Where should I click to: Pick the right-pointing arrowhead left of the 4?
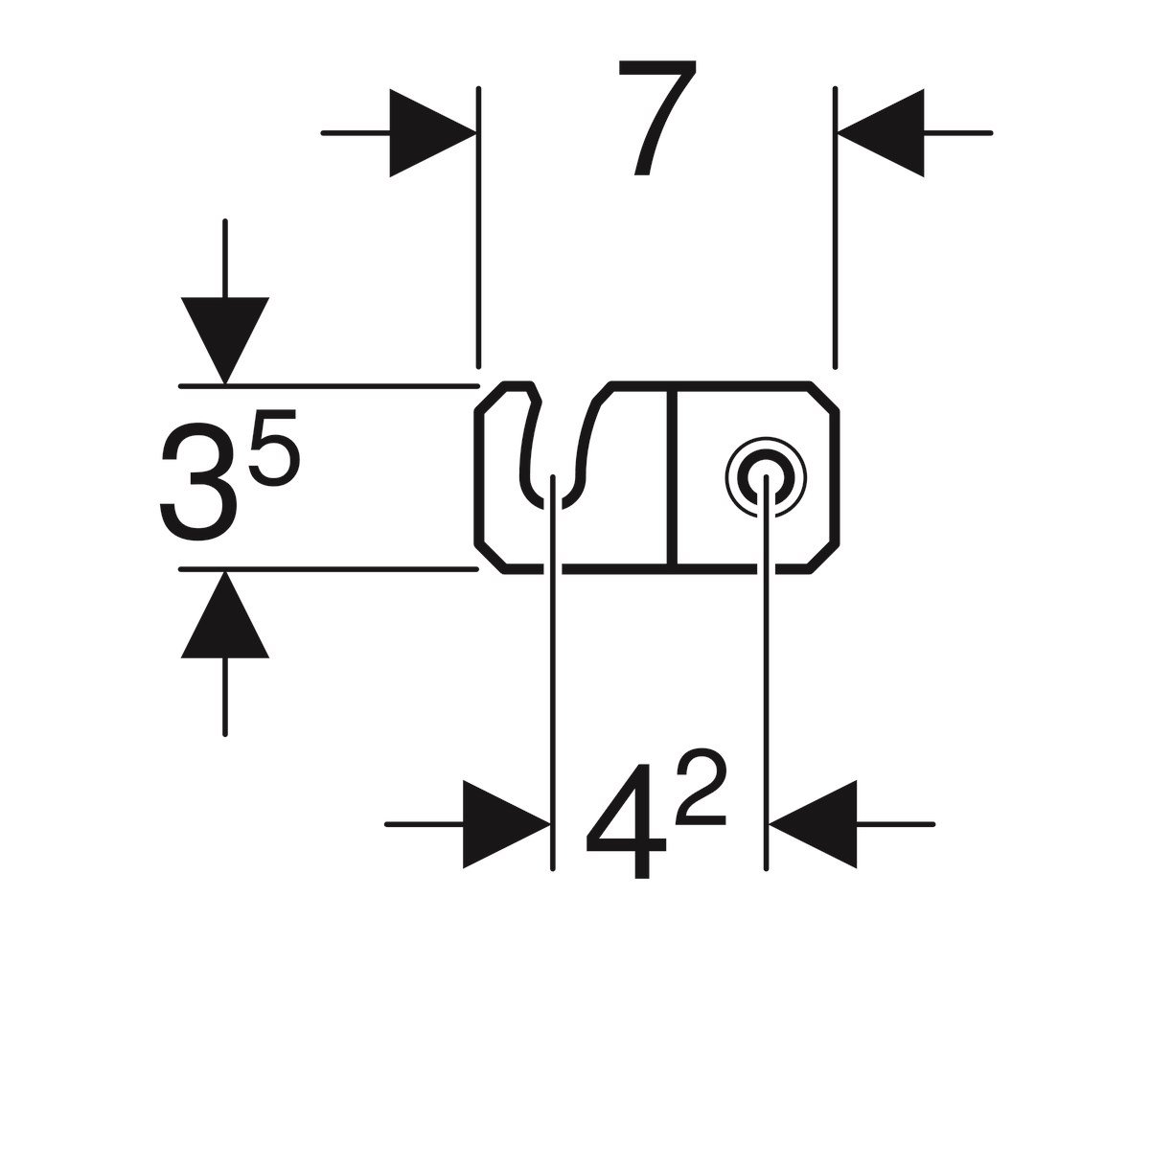pos(506,824)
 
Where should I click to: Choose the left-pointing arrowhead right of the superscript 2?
pos(813,824)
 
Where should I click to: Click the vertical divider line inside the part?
pos(678,479)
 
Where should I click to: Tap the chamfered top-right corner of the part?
pos(826,397)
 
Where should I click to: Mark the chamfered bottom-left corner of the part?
pos(491,558)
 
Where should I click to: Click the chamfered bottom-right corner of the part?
pos(826,558)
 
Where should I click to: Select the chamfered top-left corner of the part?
pos(491,397)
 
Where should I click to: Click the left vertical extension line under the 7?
pos(477,230)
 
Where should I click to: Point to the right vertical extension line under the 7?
pos(836,230)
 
